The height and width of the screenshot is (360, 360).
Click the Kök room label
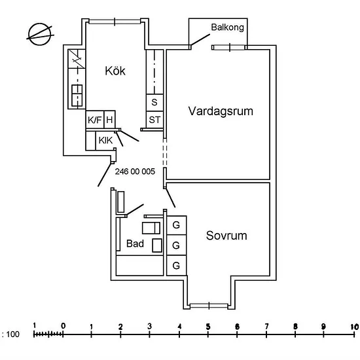[x=115, y=71]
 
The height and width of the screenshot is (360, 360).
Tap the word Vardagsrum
[x=221, y=111]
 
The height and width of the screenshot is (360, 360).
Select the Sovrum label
[x=226, y=236]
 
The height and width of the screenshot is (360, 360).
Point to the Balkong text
[x=227, y=27]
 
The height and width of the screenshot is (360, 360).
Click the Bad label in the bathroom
[x=135, y=243]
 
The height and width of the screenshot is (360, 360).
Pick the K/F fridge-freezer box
[x=95, y=119]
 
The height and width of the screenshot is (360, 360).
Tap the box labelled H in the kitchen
[x=109, y=119]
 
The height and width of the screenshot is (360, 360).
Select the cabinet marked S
[x=154, y=102]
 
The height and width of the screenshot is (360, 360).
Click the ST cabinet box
[x=154, y=120]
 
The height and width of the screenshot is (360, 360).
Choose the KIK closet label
[x=105, y=140]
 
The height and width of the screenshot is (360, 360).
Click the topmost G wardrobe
[x=176, y=225]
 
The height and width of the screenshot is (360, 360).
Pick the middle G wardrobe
[x=176, y=245]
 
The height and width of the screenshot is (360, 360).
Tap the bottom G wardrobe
[x=176, y=265]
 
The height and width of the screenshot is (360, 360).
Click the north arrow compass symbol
[x=40, y=35]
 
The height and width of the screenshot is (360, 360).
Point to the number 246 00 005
[x=135, y=171]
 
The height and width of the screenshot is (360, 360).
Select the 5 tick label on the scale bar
[x=208, y=327]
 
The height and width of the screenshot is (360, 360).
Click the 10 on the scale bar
[x=355, y=327]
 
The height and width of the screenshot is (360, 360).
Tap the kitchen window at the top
[x=115, y=22]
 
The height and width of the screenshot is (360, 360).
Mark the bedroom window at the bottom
[x=209, y=306]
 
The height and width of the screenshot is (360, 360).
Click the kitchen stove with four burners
[x=77, y=96]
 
